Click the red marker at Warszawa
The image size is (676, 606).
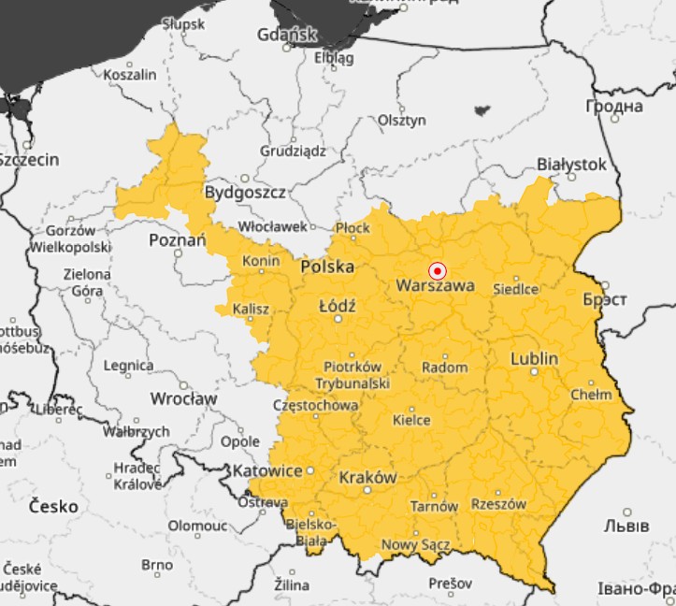click(437, 270)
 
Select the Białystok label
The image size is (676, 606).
click(571, 165)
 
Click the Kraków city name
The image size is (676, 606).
click(367, 477)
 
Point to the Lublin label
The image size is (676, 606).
click(534, 359)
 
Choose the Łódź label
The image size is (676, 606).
click(337, 306)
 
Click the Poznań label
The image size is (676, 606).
click(177, 240)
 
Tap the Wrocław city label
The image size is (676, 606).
click(183, 398)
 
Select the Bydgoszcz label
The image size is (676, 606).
click(245, 193)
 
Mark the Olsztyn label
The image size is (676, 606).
click(402, 121)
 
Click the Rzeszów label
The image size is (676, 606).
click(498, 504)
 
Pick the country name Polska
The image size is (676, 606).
click(327, 267)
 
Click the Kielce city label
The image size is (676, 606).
click(411, 420)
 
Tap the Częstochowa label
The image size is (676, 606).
click(314, 406)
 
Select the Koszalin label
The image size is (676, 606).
click(130, 74)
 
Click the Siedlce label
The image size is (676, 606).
click(515, 288)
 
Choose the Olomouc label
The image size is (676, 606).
click(197, 526)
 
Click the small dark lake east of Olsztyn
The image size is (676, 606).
click(482, 110)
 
